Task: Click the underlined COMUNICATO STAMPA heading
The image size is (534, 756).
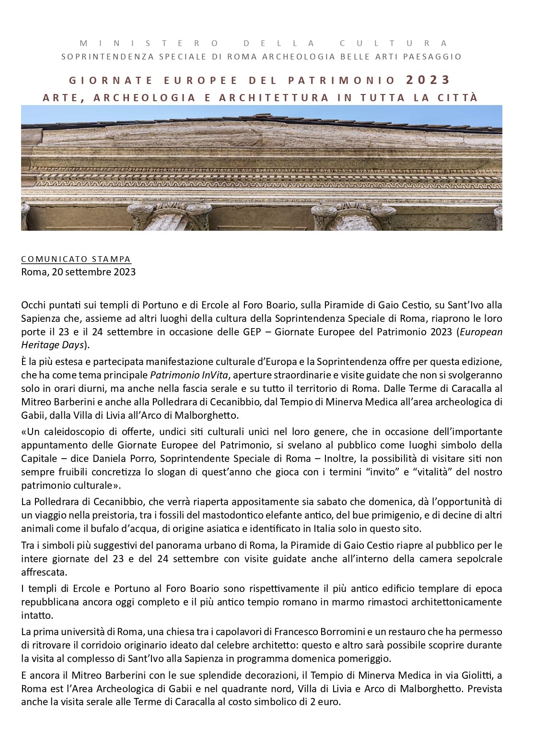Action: (x=76, y=260)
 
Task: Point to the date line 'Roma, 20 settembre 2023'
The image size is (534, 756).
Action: (x=78, y=272)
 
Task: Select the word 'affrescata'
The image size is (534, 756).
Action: (x=44, y=573)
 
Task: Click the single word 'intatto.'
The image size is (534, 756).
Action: (x=37, y=615)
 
